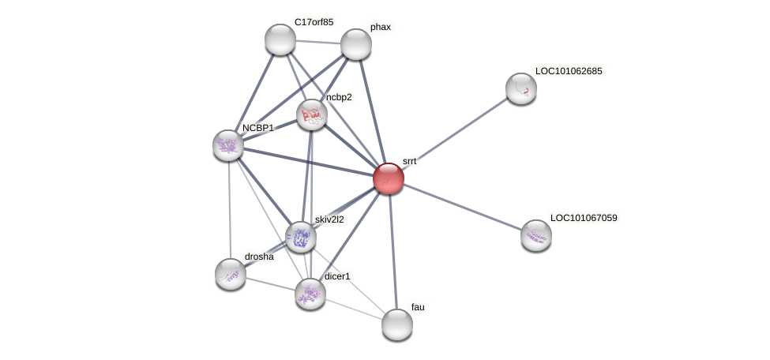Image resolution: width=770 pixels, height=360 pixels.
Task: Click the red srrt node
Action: tap(388, 178)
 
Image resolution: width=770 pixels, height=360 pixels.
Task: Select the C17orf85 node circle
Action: tap(280, 39)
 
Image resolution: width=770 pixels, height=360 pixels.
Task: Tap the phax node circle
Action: tap(356, 44)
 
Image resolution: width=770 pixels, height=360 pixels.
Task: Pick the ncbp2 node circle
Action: tap(312, 115)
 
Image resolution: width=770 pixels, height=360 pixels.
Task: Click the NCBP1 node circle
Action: tap(228, 145)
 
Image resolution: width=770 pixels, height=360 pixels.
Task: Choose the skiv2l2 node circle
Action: tap(300, 236)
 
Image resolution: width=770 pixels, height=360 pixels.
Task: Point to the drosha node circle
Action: tap(230, 274)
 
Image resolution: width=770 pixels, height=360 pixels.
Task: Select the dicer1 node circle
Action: tap(310, 294)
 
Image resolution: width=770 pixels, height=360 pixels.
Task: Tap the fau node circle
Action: tap(396, 324)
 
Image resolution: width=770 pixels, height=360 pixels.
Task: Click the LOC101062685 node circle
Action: tap(521, 88)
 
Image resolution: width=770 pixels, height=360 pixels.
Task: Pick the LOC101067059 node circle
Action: tap(536, 235)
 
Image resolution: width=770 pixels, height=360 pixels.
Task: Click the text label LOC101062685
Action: tap(569, 71)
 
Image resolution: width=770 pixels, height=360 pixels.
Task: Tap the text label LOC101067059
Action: tap(584, 217)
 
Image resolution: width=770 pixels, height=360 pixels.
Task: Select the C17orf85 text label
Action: tap(314, 22)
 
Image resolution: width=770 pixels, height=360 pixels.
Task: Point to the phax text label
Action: tap(381, 27)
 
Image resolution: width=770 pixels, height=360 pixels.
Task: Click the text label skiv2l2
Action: tap(329, 219)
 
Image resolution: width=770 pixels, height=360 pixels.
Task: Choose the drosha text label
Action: tap(259, 257)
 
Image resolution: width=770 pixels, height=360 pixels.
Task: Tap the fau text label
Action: tap(418, 306)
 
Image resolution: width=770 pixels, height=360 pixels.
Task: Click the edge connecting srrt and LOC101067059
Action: tap(462, 207)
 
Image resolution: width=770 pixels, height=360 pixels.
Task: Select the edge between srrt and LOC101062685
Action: tap(455, 133)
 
